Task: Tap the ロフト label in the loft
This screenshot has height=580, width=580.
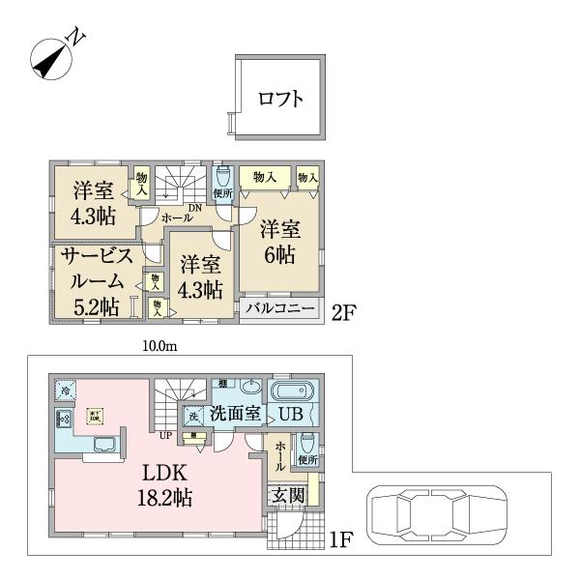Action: (280, 98)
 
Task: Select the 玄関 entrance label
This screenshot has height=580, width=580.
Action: (283, 495)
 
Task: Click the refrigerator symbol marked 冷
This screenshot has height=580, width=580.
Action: (64, 391)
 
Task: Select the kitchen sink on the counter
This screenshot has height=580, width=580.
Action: (105, 444)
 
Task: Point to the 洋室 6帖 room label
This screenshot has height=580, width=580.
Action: (278, 242)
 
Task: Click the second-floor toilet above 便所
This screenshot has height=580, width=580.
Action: (223, 177)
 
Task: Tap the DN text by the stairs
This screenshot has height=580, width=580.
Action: (194, 208)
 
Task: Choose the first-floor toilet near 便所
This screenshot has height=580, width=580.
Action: (308, 443)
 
